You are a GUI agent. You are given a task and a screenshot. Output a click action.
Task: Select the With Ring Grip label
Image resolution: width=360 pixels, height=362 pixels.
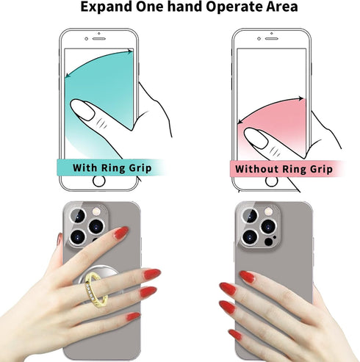[112, 168]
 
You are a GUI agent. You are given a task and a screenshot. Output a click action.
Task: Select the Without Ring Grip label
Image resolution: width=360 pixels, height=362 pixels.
[283, 168]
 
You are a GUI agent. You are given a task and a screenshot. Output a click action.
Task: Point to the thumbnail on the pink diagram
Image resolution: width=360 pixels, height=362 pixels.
[254, 135]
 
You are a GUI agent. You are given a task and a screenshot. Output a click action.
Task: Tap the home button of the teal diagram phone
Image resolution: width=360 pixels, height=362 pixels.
[97, 167]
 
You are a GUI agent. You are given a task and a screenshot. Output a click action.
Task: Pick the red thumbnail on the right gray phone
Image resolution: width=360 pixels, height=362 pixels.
[247, 277]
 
